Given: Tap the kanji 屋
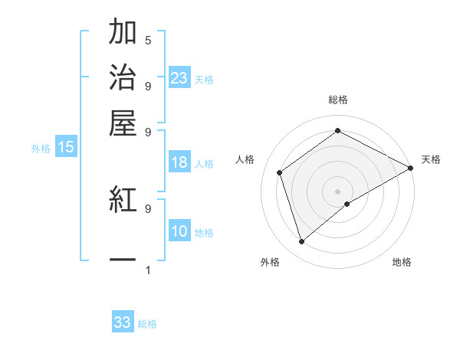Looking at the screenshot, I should (x=123, y=122).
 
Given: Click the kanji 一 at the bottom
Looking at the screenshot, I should (x=123, y=261).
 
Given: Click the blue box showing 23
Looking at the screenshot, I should (x=179, y=78).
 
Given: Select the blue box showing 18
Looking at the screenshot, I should (x=179, y=162).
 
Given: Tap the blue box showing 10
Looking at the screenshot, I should (x=179, y=232).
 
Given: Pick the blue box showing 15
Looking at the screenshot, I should (x=66, y=148).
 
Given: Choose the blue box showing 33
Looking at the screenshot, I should (x=123, y=322).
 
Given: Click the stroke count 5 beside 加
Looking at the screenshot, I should (x=148, y=40).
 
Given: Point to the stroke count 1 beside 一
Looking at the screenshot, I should (x=148, y=270).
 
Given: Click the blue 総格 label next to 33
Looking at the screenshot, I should (x=147, y=324).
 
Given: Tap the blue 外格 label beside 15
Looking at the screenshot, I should (x=41, y=149).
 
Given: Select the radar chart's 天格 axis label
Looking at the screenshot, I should (x=431, y=159).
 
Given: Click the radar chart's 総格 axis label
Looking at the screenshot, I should (x=338, y=100).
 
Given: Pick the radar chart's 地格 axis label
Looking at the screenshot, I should (x=402, y=263).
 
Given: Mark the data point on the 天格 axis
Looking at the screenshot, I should (x=411, y=169).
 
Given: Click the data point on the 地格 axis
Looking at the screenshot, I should (x=347, y=204).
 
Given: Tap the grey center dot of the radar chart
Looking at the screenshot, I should (x=338, y=191).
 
